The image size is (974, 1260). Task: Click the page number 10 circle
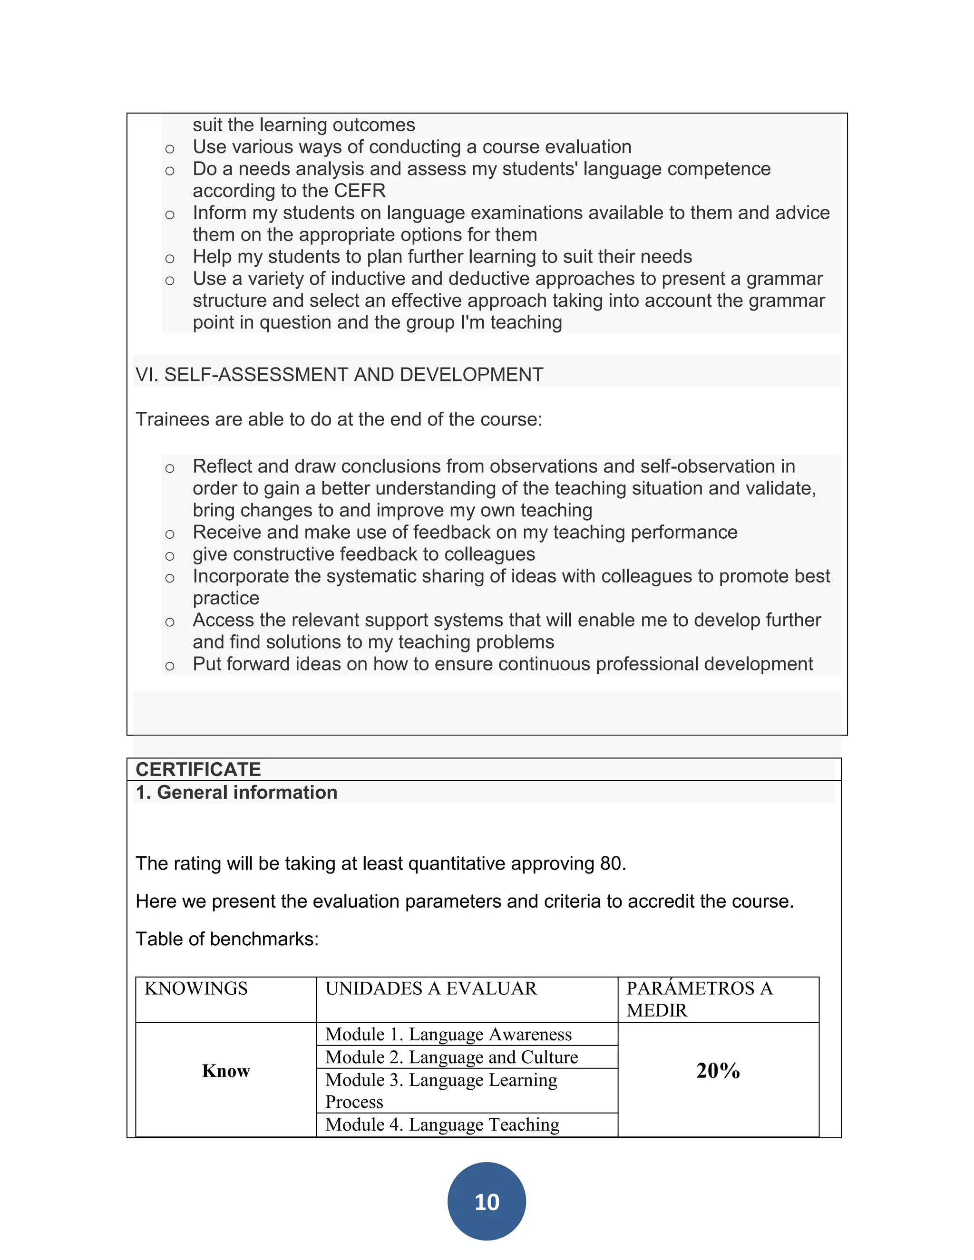pos(487,1201)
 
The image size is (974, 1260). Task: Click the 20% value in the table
pos(718,1070)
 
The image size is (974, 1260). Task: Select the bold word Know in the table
pos(225,1071)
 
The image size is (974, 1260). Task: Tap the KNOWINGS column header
pos(196,989)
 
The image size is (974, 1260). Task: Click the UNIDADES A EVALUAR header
pos(431,989)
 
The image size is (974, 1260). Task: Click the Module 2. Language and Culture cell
pos(451,1057)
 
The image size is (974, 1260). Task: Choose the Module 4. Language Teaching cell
pos(442,1124)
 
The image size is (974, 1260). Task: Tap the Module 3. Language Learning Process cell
pos(441,1090)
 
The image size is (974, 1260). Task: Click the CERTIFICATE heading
pos(198,770)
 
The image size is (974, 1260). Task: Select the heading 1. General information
pos(236,792)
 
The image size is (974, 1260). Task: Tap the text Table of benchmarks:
pos(227,939)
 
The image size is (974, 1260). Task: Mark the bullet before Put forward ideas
pos(170,666)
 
